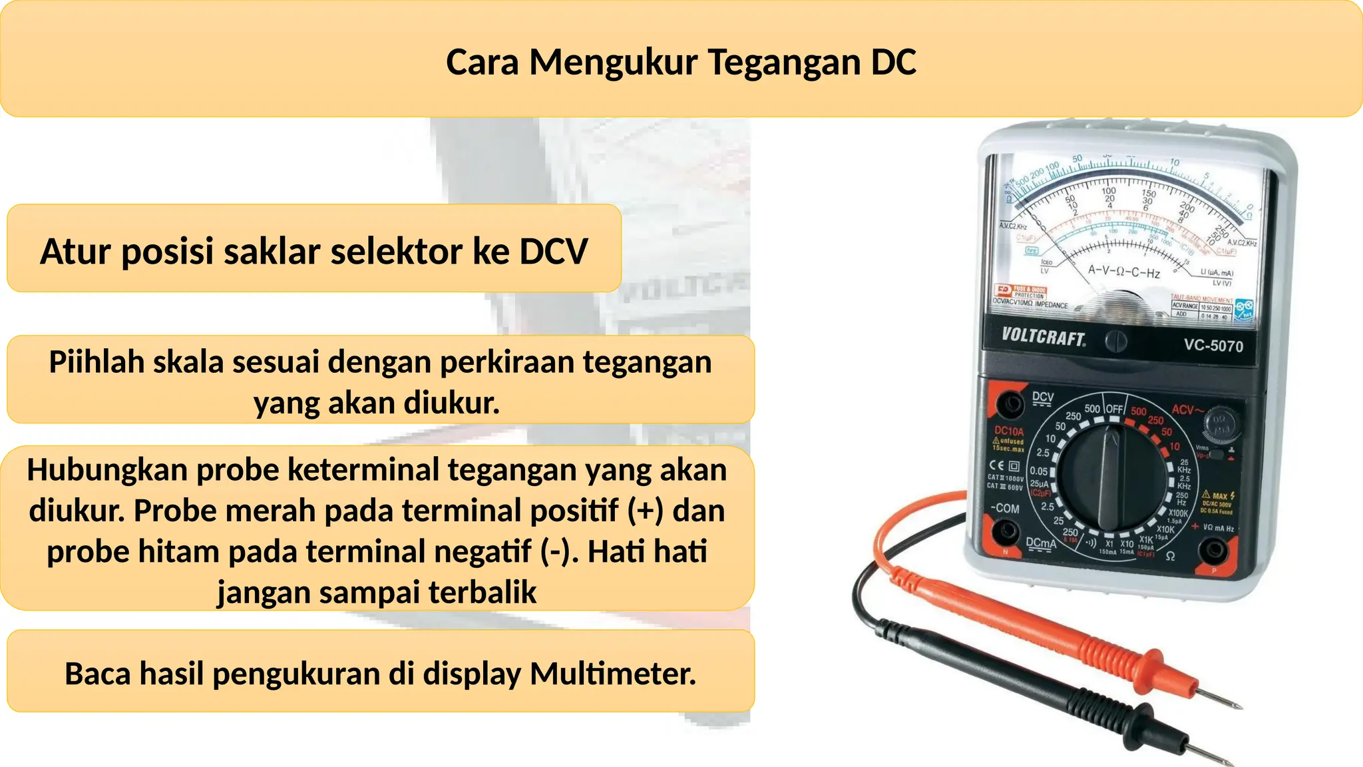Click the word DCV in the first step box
click(x=554, y=252)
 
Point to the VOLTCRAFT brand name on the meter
click(x=1043, y=337)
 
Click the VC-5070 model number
click(x=1213, y=346)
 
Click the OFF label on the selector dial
click(x=1115, y=409)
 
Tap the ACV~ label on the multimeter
click(x=1187, y=410)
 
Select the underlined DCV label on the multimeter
click(x=1042, y=397)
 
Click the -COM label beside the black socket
click(x=1005, y=509)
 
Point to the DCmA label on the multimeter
click(x=1040, y=543)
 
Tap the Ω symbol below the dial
click(x=1170, y=556)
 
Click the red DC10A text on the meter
click(x=1009, y=431)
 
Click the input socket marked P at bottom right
click(x=1214, y=550)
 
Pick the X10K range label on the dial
click(x=1165, y=530)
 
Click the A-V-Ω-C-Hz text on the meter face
click(x=1123, y=272)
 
